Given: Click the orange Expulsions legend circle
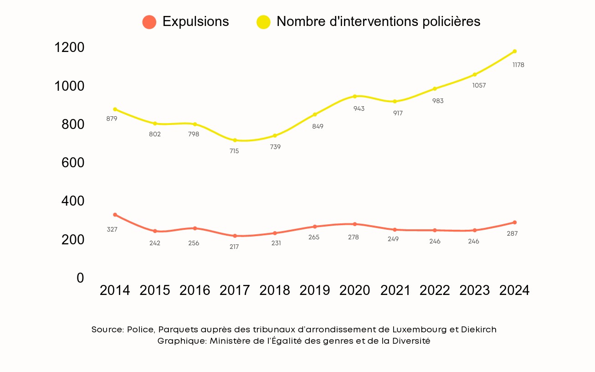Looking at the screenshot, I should [149, 22].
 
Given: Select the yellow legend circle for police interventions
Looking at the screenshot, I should [263, 22].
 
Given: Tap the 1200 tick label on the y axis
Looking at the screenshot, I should [69, 47].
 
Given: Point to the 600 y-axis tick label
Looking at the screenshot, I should [73, 163].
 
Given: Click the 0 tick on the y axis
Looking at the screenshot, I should [81, 278].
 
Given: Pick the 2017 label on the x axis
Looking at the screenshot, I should [235, 290].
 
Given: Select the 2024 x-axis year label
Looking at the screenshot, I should [514, 290].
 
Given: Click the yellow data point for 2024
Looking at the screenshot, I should [514, 51].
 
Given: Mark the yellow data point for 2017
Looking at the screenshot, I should [235, 140].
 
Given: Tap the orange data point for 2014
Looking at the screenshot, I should [115, 215].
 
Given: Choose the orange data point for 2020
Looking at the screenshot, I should [354, 224].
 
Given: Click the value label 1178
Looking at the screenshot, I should [518, 65].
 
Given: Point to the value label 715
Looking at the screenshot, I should [234, 151].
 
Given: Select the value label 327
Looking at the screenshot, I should [112, 229].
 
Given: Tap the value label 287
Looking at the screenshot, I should [512, 233].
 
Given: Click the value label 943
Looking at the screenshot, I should [359, 109].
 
